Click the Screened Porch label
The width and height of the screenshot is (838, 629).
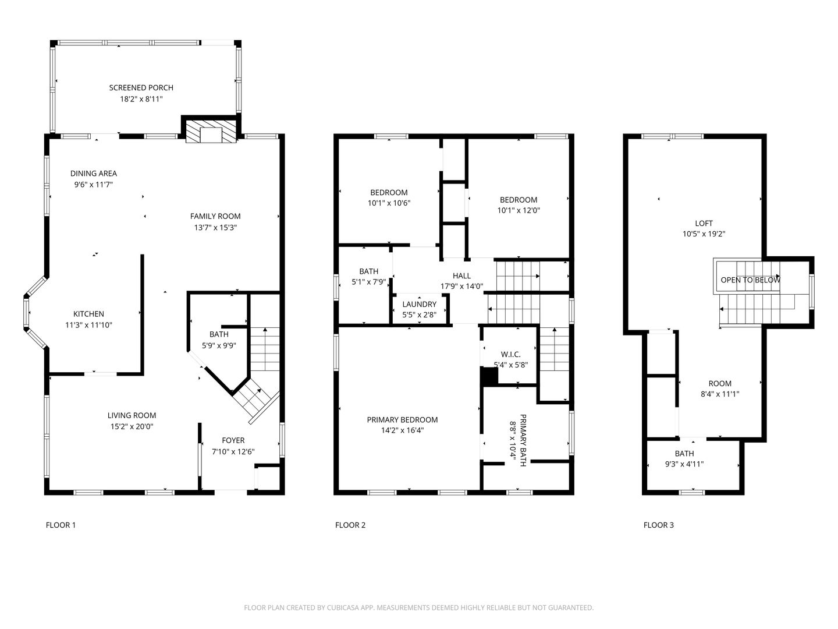(141, 87)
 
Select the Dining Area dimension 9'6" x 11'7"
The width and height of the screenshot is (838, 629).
(94, 185)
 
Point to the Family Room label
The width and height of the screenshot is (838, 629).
(215, 216)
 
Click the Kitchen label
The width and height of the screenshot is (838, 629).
(88, 314)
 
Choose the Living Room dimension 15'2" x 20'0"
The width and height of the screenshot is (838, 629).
(132, 426)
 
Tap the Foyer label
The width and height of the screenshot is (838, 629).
(233, 440)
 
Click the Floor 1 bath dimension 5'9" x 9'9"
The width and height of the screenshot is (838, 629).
(219, 345)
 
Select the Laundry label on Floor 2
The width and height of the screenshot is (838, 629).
(419, 305)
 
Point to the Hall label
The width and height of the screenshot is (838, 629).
(461, 275)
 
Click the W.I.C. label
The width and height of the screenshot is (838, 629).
(511, 355)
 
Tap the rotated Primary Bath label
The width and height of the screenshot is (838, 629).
(523, 440)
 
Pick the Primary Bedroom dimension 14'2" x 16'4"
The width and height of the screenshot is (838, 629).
(402, 430)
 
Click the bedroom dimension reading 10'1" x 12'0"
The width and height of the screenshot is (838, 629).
(519, 210)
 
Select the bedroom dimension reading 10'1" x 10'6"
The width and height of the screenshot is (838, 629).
(389, 203)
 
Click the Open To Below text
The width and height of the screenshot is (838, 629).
(750, 280)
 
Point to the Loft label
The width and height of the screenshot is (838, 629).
(704, 224)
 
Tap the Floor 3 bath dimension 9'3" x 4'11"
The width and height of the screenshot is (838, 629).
(684, 464)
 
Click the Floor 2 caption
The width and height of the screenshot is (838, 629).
(350, 525)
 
